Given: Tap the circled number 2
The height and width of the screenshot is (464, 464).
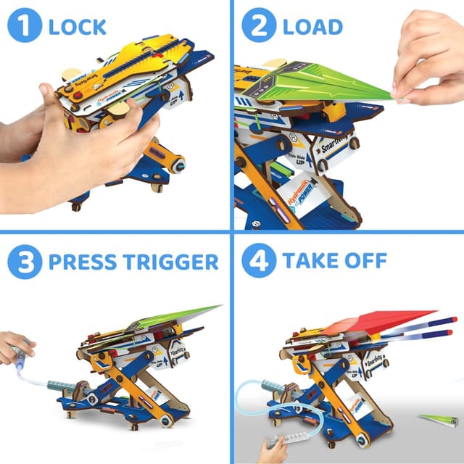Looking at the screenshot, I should coord(256,27).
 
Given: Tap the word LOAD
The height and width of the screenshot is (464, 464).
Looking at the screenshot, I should coord(312,28).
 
